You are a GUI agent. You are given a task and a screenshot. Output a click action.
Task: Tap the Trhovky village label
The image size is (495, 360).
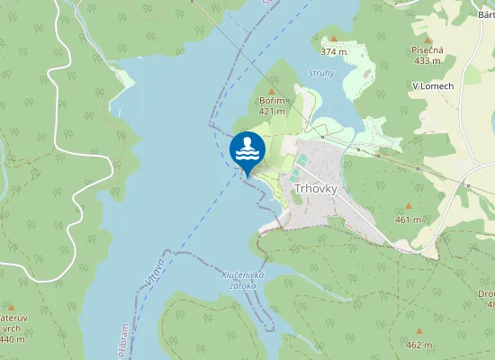316,188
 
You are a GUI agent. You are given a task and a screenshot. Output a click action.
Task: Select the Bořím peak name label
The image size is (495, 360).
272,102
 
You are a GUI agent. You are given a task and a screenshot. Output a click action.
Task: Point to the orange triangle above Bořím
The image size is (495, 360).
272,92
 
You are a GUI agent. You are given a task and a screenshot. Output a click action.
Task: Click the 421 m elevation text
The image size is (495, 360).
272,112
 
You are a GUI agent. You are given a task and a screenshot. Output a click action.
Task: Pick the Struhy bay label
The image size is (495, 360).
321,72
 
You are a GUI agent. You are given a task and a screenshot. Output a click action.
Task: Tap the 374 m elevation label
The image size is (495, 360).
333,51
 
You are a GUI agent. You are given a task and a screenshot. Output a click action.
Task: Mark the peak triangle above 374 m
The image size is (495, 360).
333,39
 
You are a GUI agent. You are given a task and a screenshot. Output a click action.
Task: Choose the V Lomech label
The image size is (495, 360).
432,85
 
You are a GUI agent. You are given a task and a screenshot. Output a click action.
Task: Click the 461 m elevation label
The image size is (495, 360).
408,219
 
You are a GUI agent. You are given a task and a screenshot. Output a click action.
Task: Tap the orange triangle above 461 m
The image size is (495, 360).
408,207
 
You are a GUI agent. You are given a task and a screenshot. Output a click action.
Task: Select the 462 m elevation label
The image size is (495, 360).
418,345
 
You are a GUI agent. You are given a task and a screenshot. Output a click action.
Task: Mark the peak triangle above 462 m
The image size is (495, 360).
418,332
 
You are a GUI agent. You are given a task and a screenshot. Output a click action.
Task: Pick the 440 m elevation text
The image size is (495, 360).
12,339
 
